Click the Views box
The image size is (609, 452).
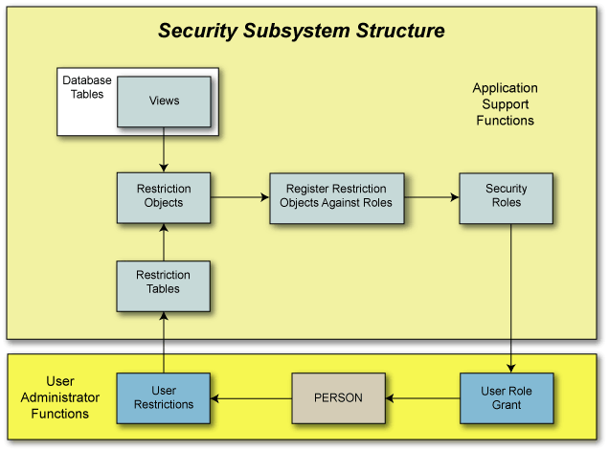click(164, 101)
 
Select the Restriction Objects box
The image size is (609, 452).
click(164, 196)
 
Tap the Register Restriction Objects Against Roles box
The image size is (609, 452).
click(336, 196)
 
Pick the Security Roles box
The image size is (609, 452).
click(506, 196)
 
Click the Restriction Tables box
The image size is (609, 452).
click(164, 282)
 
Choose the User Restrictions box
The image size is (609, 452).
click(164, 397)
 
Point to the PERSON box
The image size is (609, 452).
click(338, 397)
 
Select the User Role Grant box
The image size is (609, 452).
click(507, 397)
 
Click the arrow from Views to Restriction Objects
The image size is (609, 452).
click(164, 149)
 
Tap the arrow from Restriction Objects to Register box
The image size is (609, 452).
click(239, 197)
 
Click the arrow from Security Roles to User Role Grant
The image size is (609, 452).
click(510, 297)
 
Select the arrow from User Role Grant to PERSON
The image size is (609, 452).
click(422, 397)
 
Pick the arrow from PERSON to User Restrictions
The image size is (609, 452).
click(251, 397)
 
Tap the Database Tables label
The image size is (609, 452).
click(87, 87)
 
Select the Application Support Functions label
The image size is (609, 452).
click(505, 104)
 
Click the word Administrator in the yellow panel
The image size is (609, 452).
click(60, 397)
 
